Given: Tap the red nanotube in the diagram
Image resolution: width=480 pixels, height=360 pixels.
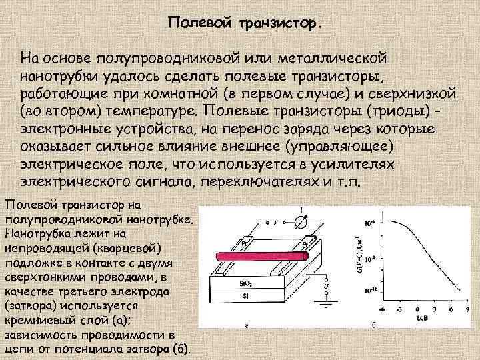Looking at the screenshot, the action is (x=260, y=255).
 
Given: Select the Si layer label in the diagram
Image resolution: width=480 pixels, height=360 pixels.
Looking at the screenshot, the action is (x=247, y=294).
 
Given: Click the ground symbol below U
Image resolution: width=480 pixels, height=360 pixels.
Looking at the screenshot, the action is (x=327, y=305).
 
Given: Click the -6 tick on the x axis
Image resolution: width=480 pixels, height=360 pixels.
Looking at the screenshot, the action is (x=381, y=310).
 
